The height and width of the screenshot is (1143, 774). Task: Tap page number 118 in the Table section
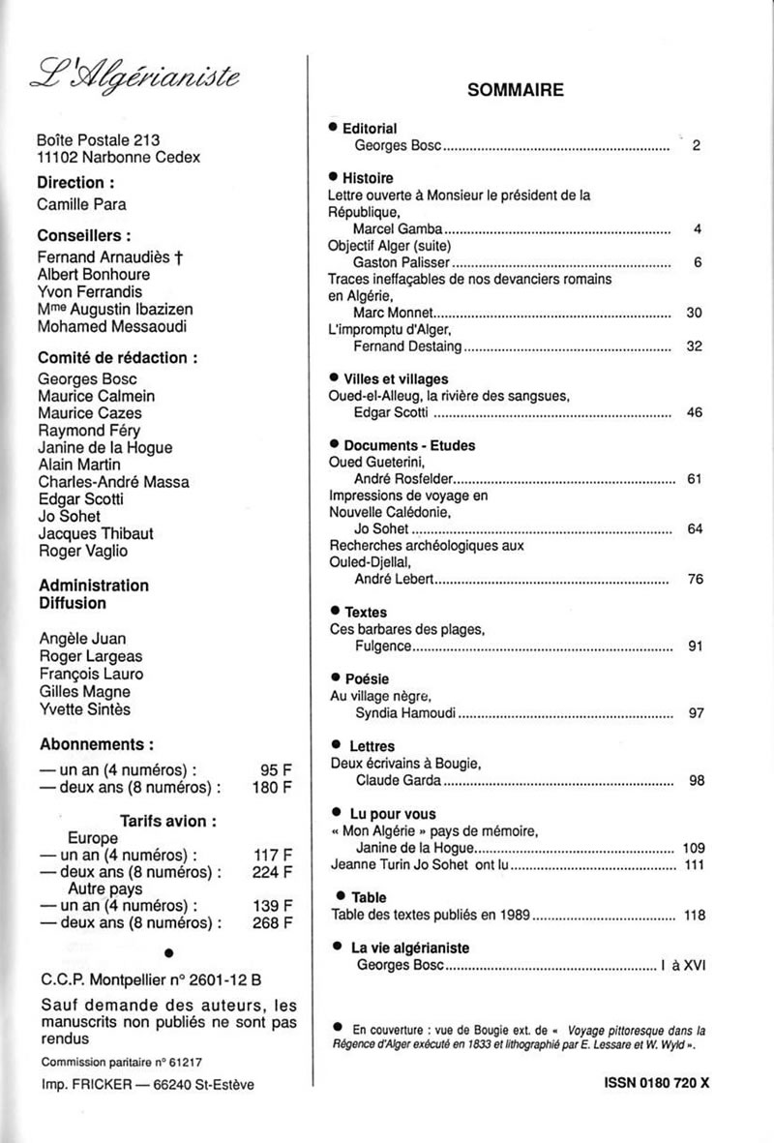pos(694,915)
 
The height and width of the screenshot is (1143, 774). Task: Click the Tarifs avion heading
pos(167,821)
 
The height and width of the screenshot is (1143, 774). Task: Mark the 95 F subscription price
pos(277,770)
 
